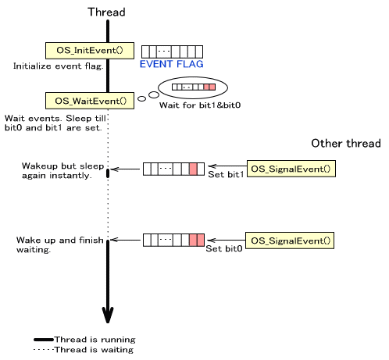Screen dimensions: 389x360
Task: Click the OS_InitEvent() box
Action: pos(90,51)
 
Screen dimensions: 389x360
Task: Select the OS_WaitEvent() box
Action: pos(90,101)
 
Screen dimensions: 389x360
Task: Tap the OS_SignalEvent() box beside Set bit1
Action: pos(291,169)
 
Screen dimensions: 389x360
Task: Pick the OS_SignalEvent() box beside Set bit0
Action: pos(290,241)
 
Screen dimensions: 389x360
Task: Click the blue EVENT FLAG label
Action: pos(171,64)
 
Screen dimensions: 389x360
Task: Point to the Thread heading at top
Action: pos(106,12)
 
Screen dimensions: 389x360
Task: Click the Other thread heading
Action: pos(346,143)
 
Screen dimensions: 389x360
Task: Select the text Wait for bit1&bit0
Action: pos(200,105)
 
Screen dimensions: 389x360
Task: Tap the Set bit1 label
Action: pos(226,174)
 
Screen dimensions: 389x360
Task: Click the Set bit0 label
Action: pos(224,248)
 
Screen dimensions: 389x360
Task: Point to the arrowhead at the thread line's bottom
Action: pos(108,315)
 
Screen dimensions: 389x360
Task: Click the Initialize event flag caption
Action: pos(59,66)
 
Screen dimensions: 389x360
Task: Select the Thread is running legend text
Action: pos(95,340)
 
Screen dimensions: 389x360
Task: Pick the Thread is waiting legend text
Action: pos(94,350)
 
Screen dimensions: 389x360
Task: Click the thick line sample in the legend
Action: pos(44,340)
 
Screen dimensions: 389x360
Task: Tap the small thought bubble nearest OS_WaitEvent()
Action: pos(141,98)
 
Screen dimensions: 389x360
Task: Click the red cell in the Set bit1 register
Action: pos(193,169)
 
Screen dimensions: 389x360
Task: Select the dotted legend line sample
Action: pos(44,350)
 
